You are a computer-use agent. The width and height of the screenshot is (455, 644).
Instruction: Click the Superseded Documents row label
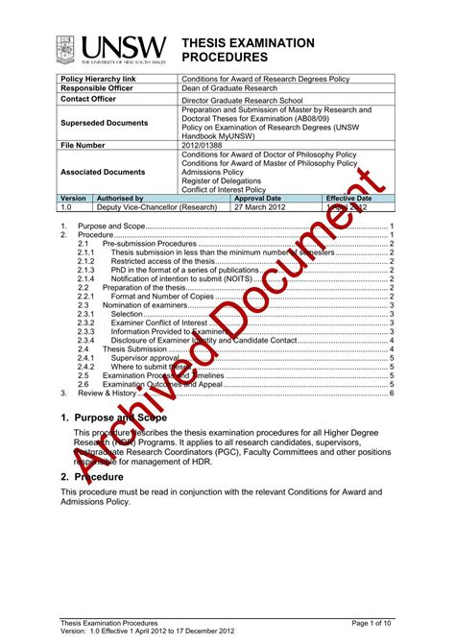pos(104,123)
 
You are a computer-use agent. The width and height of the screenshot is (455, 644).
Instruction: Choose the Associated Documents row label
pos(103,172)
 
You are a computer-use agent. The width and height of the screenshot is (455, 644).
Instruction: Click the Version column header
pos(73,198)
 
